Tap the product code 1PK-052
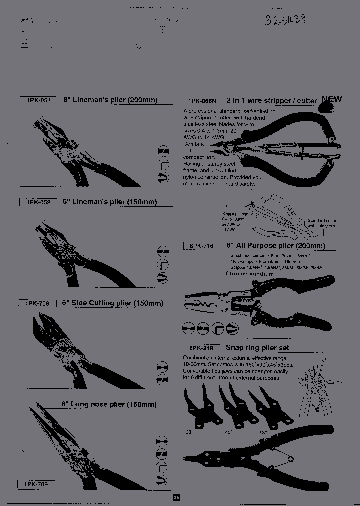(39, 202)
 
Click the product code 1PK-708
(36, 303)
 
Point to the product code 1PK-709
(36, 484)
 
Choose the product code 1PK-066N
(200, 101)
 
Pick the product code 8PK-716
(201, 246)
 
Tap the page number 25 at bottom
(176, 497)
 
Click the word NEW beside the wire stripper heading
(331, 99)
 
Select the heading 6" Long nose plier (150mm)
(109, 404)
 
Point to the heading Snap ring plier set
(257, 348)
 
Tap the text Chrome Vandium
(250, 274)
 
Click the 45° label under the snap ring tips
(229, 432)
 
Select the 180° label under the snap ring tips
(263, 432)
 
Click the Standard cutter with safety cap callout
(322, 223)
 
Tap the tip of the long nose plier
(32, 409)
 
